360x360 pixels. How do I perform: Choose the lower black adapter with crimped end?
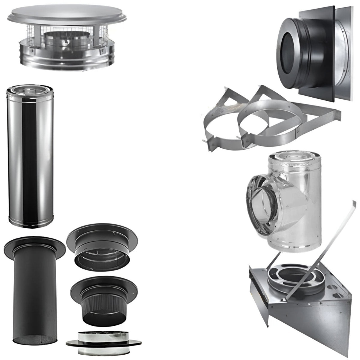[x=102, y=295]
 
